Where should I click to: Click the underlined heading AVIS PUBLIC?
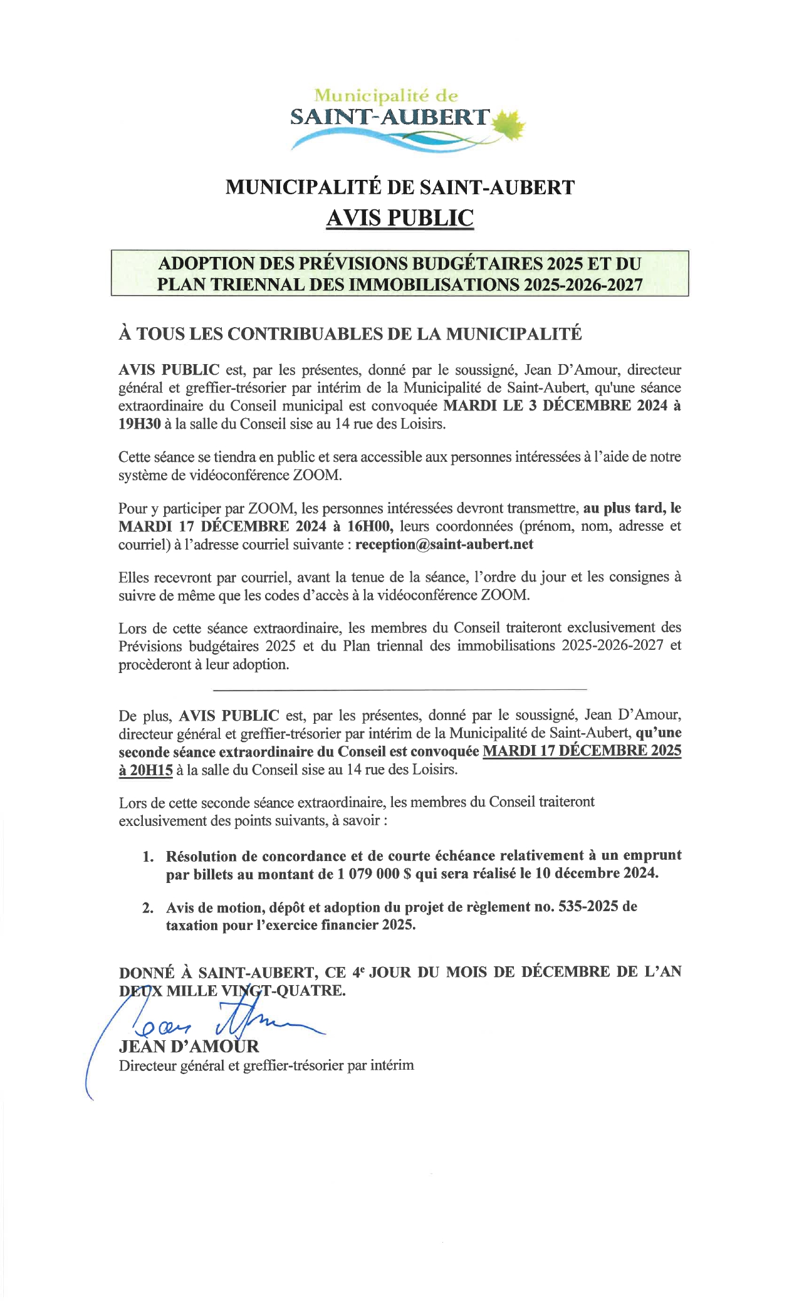click(400, 217)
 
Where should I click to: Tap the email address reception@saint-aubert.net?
click(444, 544)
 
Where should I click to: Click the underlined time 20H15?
click(145, 770)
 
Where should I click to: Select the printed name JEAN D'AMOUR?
click(189, 1046)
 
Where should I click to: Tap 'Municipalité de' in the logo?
click(386, 96)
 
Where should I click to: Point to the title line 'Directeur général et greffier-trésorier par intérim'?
click(266, 1065)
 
